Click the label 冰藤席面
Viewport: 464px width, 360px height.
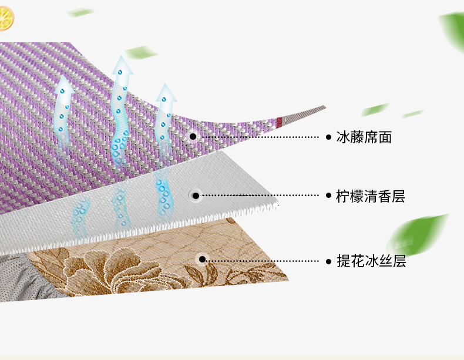point(364,137)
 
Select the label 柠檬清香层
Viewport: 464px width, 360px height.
point(370,196)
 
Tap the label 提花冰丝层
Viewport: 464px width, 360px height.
point(371,261)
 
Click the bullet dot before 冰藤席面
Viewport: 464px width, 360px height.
point(328,137)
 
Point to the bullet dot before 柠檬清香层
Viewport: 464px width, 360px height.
point(328,195)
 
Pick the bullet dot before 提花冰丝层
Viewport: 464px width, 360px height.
point(328,261)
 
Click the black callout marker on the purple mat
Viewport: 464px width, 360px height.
point(193,136)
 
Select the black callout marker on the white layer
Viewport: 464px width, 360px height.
point(196,196)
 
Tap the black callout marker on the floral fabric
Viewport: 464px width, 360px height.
point(202,260)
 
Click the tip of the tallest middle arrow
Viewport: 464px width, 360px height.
point(121,56)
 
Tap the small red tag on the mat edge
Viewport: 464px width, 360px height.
point(279,123)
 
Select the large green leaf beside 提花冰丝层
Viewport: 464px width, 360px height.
point(416,235)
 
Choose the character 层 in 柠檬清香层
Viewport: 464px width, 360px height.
point(398,196)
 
